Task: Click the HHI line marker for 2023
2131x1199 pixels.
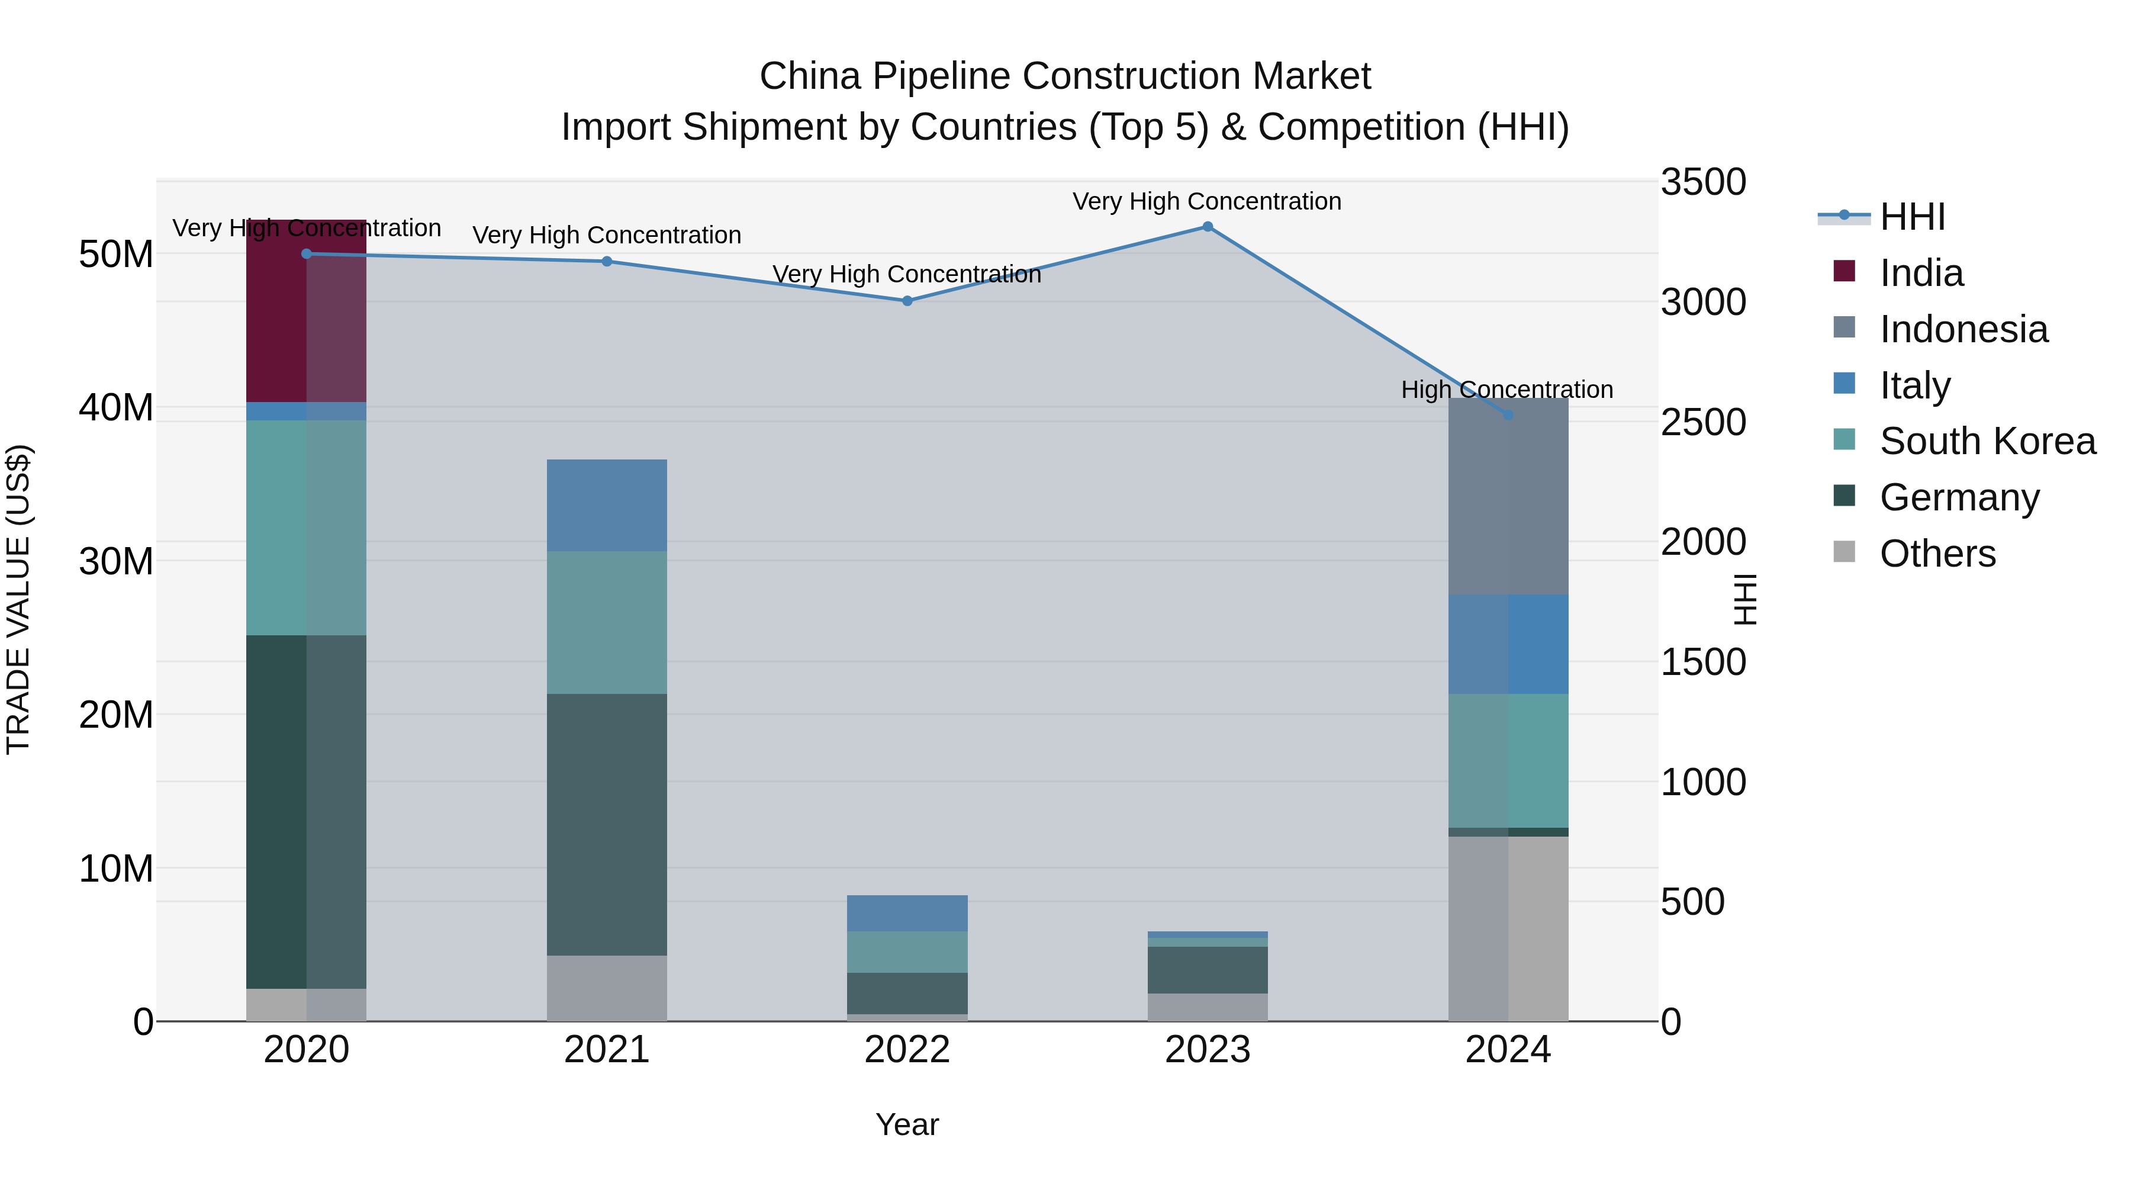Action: click(1207, 227)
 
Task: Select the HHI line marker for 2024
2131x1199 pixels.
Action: click(1508, 414)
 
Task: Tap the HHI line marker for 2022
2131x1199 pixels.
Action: click(907, 301)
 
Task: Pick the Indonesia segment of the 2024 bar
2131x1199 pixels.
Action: click(1508, 497)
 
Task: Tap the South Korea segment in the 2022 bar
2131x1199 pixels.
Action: click(907, 952)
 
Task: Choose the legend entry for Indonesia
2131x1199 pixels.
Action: click(1963, 329)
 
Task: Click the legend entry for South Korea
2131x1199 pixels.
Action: click(1987, 441)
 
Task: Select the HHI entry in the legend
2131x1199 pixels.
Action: click(1912, 217)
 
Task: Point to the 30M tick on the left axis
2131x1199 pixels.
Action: click(116, 562)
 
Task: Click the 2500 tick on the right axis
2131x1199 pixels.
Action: click(1703, 422)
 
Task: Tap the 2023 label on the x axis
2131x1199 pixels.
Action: click(1207, 1050)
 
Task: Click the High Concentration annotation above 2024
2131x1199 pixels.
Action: click(1506, 390)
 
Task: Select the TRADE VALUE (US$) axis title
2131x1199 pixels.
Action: click(18, 599)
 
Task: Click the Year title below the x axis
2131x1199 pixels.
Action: click(907, 1124)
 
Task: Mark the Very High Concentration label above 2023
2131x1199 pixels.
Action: click(1207, 201)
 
